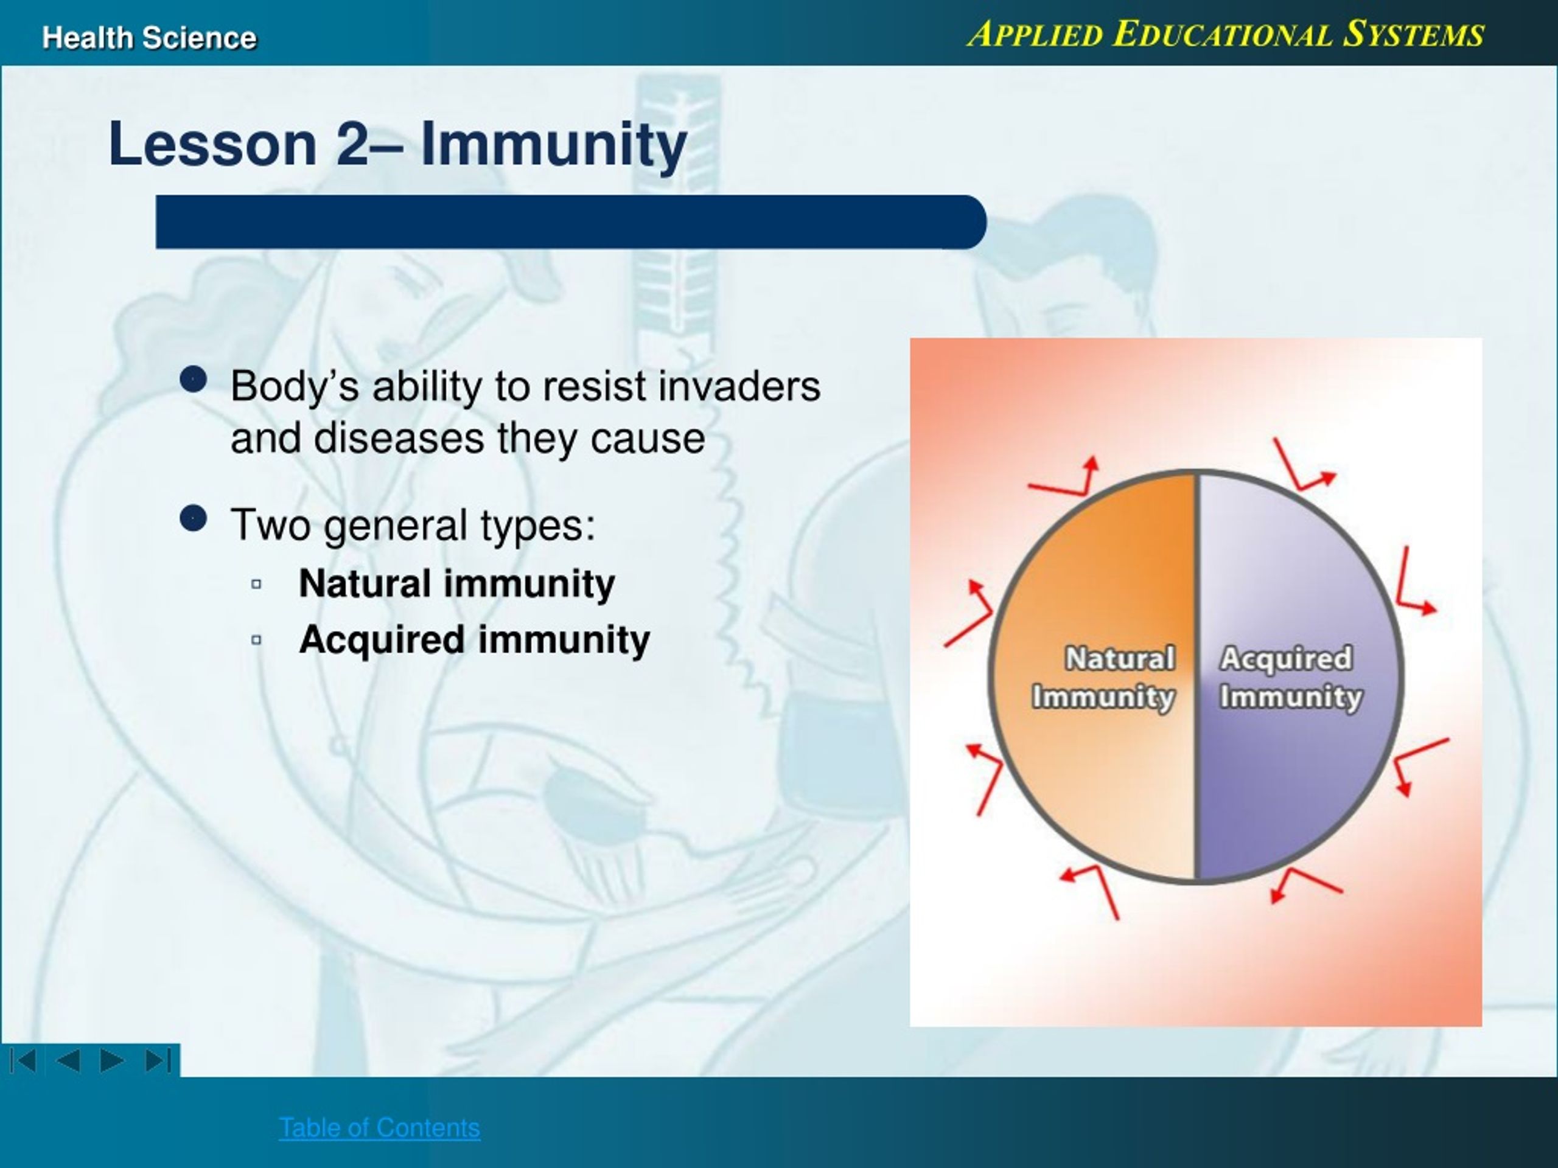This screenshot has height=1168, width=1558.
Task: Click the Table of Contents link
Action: pyautogui.click(x=380, y=1127)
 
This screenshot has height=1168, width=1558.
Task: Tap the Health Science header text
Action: pyautogui.click(x=149, y=38)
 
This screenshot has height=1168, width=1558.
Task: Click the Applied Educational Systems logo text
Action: pyautogui.click(x=1226, y=34)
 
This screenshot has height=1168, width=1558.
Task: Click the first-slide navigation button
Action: pyautogui.click(x=23, y=1060)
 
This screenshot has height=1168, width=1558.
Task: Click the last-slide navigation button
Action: pyautogui.click(x=158, y=1060)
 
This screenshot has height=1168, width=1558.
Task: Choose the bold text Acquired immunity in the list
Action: pyautogui.click(x=474, y=641)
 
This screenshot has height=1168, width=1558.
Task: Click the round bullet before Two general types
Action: pyautogui.click(x=194, y=519)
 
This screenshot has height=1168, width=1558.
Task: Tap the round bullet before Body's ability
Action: pyautogui.click(x=194, y=380)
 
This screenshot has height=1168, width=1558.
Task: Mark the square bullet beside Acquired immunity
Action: pyautogui.click(x=256, y=640)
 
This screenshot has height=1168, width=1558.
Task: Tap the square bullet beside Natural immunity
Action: pyautogui.click(x=256, y=583)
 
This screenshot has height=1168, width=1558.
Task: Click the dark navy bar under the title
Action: pyautogui.click(x=570, y=222)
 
